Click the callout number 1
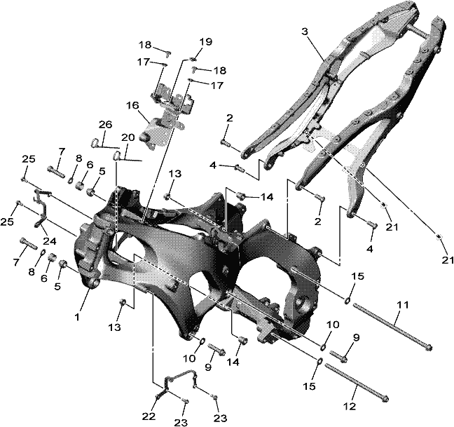click(77, 317)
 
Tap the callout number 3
click(305, 32)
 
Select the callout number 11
click(403, 305)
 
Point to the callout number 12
click(350, 407)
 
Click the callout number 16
click(133, 105)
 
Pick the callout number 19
click(206, 41)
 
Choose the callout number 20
click(128, 137)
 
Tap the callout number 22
click(149, 416)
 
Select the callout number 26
click(105, 125)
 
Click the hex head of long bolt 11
click(429, 347)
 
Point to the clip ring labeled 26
click(95, 142)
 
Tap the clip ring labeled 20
click(116, 156)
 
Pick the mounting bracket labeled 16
click(165, 116)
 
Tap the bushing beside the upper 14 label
click(242, 196)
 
